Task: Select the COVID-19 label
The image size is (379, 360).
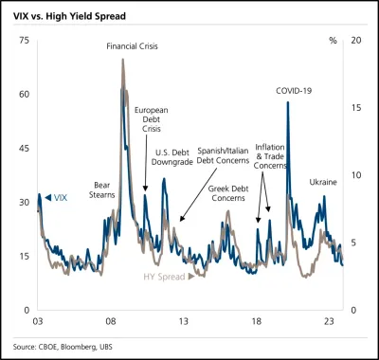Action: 293,90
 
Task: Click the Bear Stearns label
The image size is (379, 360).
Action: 103,189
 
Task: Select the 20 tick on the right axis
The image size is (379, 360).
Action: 355,41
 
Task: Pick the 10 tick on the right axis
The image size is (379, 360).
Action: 355,175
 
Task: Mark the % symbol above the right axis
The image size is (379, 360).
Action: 332,41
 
